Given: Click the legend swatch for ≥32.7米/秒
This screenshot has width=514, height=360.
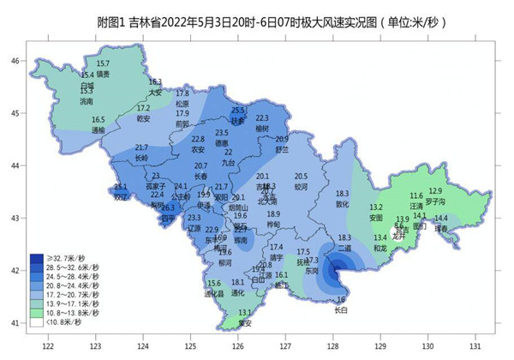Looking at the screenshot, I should [x=37, y=257].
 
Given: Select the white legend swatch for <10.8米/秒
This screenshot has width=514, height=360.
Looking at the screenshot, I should [x=37, y=322].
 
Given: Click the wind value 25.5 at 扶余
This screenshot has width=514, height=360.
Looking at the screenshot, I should [x=238, y=111].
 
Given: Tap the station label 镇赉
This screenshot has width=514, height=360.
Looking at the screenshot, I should [x=103, y=74].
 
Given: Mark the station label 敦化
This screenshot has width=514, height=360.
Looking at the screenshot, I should [x=343, y=204].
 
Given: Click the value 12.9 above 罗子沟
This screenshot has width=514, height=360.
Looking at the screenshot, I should [x=435, y=190].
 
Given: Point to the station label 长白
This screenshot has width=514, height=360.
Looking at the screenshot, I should [x=341, y=309].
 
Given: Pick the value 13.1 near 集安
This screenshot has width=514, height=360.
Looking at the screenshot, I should [x=245, y=313].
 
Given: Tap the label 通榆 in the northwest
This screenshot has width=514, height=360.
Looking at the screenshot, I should [x=99, y=130].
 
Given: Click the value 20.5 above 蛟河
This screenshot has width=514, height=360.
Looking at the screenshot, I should [x=300, y=176].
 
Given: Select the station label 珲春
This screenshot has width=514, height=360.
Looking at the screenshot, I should [x=441, y=229].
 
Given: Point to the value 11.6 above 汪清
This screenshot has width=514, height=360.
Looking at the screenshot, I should [x=416, y=196].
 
